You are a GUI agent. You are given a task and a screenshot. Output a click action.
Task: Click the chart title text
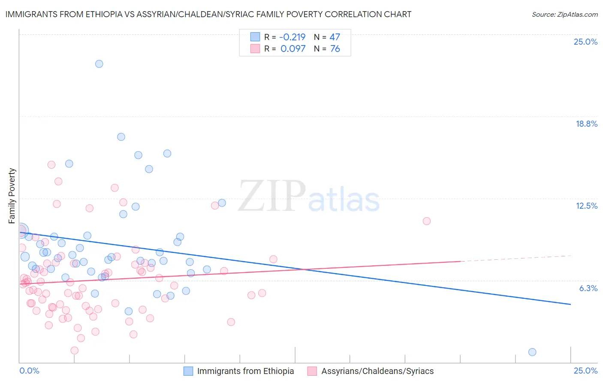point(208,14)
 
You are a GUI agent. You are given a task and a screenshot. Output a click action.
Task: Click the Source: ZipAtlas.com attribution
point(564,15)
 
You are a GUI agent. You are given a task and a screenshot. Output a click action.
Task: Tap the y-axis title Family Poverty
point(12,196)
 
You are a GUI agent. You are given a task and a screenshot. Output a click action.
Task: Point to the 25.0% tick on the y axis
point(585,42)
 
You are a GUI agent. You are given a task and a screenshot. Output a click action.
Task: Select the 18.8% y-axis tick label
point(586,124)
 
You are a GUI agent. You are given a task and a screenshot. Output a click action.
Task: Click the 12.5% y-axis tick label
point(586,206)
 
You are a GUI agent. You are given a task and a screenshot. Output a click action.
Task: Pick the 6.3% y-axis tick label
point(588,288)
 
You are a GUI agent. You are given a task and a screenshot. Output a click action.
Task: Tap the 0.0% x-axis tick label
point(29,371)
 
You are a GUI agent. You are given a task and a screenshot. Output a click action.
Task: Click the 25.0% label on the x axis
point(585,371)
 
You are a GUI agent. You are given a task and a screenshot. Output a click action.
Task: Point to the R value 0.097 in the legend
point(293,49)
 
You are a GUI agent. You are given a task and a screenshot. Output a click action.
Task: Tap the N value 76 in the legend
point(335,49)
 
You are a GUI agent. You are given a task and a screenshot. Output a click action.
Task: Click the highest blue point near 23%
point(99,64)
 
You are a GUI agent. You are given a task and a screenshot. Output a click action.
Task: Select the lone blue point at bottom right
point(532,352)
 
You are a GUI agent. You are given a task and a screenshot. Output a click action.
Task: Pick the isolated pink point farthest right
point(426,221)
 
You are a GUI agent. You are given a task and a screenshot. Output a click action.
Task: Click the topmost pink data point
point(51,165)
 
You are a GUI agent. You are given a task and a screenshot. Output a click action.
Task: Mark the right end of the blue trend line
point(570,304)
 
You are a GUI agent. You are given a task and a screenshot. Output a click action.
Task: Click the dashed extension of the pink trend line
point(515,258)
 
